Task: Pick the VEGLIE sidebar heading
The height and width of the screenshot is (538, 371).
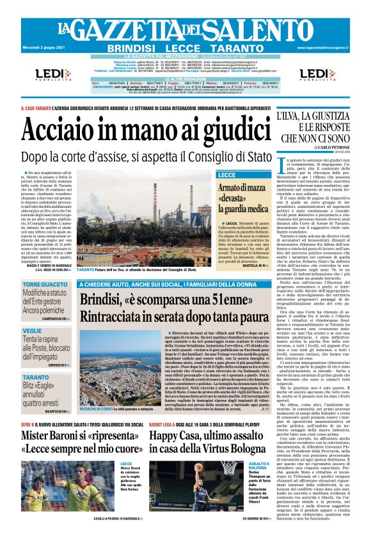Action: [32, 330]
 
